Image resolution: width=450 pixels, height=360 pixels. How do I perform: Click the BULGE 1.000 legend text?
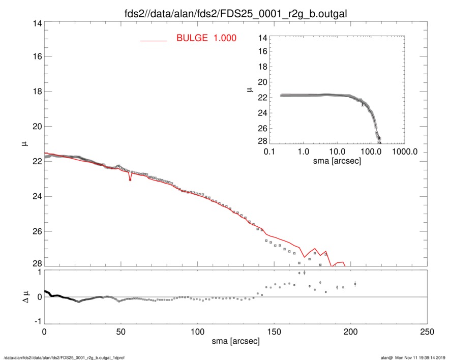pyautogui.click(x=206, y=38)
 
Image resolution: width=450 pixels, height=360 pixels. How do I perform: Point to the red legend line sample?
pyautogui.click(x=153, y=40)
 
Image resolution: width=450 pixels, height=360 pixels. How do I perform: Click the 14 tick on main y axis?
pyautogui.click(x=35, y=23)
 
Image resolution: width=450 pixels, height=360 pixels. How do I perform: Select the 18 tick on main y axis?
pyautogui.click(x=35, y=92)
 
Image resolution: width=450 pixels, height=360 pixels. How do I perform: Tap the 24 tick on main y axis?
pyautogui.click(x=35, y=196)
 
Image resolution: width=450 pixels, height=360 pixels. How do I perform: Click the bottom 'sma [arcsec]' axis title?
pyautogui.click(x=235, y=342)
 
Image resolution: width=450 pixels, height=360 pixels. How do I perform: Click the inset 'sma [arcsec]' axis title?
pyautogui.click(x=337, y=161)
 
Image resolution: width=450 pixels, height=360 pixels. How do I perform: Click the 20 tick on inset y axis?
pyautogui.click(x=263, y=82)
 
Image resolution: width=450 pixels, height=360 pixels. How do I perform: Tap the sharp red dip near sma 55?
pyautogui.click(x=130, y=179)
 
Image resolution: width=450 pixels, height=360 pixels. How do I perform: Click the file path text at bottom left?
pyautogui.click(x=64, y=357)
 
